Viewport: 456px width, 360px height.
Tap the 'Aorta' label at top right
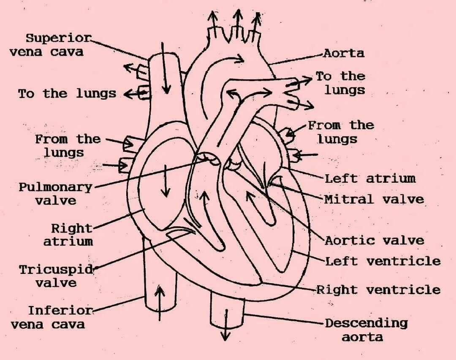344,53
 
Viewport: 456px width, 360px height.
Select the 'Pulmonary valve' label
55,193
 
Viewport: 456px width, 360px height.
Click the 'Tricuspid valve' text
56,276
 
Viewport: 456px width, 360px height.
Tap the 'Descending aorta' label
366,330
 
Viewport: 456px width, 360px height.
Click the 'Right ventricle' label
378,290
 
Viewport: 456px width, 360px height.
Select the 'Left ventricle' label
383,261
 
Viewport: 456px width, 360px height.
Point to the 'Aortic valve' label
374,241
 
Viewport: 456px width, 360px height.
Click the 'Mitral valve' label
374,199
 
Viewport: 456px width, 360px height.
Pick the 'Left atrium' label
370,179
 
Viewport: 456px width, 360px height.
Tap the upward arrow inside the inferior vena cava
160,302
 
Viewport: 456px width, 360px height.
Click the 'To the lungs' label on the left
67,93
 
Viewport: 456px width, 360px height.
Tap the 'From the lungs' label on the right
340,132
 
